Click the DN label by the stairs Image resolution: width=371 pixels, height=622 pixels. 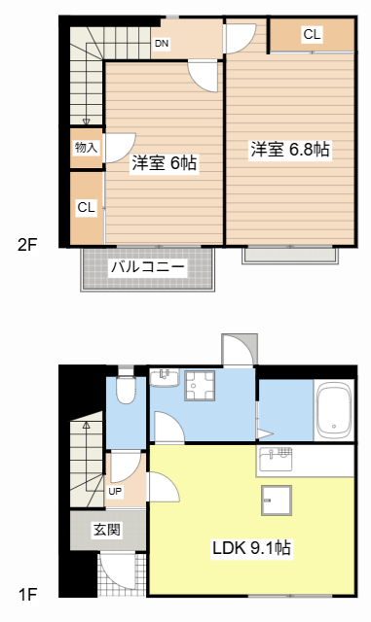(161, 43)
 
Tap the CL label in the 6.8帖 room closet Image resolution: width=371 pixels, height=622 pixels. (311, 35)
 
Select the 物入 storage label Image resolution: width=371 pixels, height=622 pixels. (86, 148)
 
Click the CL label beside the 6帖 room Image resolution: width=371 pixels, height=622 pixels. (86, 207)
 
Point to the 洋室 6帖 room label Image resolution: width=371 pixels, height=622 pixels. (165, 164)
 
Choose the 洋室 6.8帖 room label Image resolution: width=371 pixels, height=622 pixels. (289, 150)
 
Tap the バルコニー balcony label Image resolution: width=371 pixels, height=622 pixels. (147, 264)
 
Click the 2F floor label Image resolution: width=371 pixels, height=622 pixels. (27, 244)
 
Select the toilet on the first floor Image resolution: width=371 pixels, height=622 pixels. (125, 391)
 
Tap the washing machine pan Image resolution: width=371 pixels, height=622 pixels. (202, 386)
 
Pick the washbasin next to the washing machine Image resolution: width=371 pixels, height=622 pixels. (164, 377)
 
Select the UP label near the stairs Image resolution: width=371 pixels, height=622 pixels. (116, 492)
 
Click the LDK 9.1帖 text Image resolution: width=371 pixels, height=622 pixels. (251, 548)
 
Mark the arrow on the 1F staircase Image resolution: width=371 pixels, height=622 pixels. (86, 426)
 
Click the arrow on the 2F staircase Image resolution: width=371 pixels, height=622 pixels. (86, 121)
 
